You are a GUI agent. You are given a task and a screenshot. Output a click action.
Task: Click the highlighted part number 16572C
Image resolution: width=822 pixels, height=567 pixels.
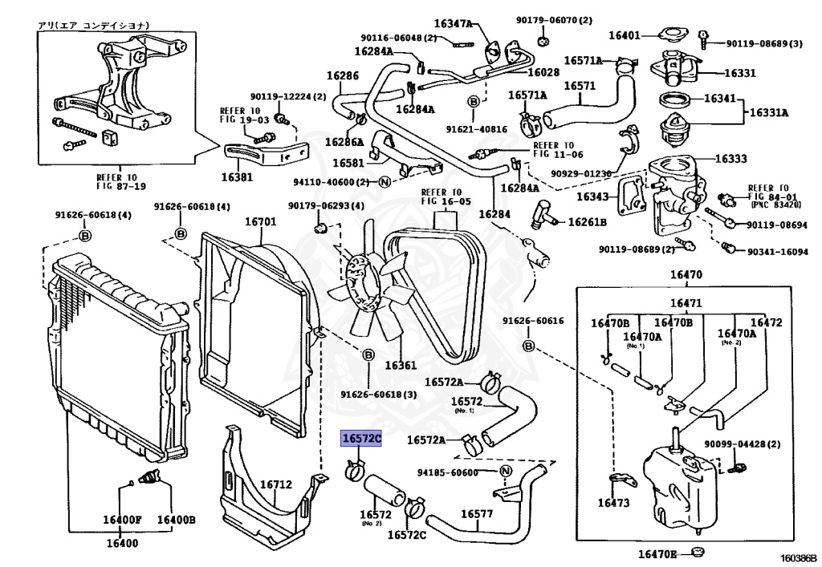click(362, 439)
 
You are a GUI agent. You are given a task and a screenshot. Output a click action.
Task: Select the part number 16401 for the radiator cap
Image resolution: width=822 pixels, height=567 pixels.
click(624, 35)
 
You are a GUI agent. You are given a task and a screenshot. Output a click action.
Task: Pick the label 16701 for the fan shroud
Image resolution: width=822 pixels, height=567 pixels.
click(260, 222)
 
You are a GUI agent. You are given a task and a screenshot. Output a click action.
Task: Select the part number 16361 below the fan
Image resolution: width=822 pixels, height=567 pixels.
click(401, 366)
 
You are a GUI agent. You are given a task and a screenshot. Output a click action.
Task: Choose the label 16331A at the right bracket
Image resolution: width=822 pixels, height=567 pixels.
click(769, 112)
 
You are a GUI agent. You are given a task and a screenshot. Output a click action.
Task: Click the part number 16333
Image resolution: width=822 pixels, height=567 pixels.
click(730, 159)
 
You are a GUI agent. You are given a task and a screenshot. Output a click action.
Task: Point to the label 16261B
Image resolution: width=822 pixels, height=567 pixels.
click(588, 221)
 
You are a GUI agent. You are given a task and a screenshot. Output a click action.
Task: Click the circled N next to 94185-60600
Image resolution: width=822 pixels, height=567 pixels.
click(506, 472)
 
